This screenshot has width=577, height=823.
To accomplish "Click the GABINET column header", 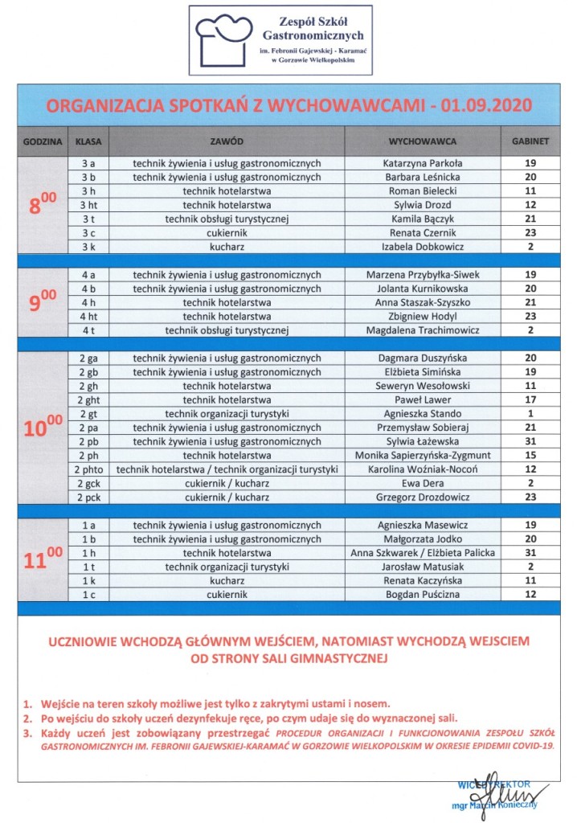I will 530,141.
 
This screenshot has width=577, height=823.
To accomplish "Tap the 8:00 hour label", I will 43,205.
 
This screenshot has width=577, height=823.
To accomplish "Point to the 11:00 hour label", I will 43,558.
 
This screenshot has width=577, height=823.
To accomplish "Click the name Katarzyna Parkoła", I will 424,163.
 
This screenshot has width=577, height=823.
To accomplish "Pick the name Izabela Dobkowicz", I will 424,246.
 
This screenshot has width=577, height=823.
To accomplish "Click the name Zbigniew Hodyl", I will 424,316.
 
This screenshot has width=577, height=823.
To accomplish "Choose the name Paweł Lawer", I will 424,399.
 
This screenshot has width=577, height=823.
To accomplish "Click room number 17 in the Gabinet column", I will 530,399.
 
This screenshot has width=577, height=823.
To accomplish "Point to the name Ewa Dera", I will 424,483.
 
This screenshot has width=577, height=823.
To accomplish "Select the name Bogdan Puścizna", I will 424,594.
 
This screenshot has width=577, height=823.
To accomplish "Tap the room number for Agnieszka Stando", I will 530,413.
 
